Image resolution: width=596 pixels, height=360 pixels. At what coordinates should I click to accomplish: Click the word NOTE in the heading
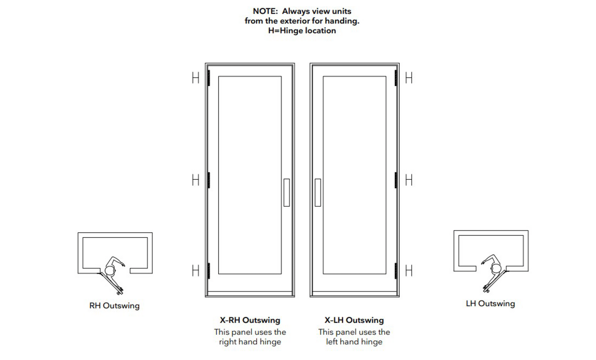[x=265, y=11]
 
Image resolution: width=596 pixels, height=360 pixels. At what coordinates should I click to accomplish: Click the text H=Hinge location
[x=302, y=31]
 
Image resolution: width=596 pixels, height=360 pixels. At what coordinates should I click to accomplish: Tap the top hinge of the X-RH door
[x=209, y=78]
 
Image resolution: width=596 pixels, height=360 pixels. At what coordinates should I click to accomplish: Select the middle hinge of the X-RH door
[x=209, y=180]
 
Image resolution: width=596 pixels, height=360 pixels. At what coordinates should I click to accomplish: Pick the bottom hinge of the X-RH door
[x=209, y=271]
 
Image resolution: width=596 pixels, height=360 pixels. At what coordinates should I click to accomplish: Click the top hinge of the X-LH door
[x=396, y=78]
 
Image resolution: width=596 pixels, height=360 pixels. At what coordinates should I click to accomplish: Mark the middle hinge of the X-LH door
[x=396, y=180]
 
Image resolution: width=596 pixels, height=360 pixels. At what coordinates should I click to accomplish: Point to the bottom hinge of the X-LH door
[x=396, y=271]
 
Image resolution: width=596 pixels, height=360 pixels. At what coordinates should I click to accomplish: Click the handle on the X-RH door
[x=286, y=192]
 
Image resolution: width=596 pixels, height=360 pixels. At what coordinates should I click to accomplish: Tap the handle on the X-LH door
[x=318, y=192]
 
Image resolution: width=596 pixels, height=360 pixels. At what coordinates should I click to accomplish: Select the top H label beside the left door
[x=196, y=78]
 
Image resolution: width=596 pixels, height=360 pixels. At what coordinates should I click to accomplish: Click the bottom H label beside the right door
[x=409, y=271]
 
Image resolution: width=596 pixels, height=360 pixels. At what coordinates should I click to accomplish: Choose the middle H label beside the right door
[x=409, y=180]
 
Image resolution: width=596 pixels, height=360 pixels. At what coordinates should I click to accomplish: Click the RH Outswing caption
[x=114, y=306]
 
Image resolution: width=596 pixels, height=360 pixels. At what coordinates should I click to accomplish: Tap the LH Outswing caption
[x=490, y=304]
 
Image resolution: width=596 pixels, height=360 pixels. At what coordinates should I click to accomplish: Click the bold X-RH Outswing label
[x=250, y=320]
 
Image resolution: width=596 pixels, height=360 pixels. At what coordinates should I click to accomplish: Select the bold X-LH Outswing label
[x=354, y=320]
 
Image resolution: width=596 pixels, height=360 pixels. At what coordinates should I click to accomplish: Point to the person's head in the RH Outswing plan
[x=110, y=270]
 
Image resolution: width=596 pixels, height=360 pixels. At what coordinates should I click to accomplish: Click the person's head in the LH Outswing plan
[x=496, y=268]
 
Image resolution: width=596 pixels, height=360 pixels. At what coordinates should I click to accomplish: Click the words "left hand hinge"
[x=354, y=342]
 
